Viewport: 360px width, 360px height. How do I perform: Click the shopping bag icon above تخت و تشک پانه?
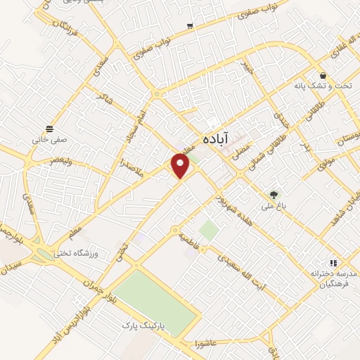[322, 75]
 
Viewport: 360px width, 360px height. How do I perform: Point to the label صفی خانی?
[48, 139]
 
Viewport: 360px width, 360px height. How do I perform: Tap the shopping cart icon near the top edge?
[190, 26]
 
